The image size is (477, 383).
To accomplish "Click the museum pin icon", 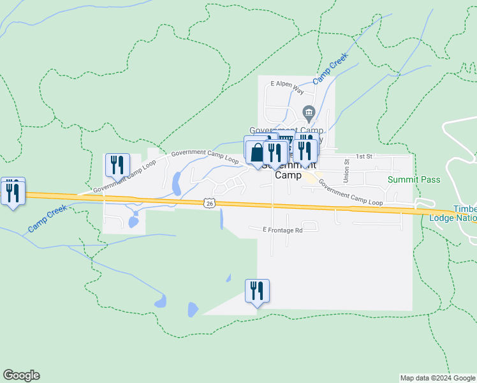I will [x=309, y=114].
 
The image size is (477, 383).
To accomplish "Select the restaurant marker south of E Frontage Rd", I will [x=257, y=291].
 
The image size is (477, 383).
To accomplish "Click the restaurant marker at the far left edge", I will [x=12, y=191].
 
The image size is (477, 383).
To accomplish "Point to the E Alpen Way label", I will [x=290, y=84].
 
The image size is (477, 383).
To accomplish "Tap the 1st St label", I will [x=363, y=156].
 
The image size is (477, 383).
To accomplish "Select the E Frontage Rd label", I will [x=282, y=230].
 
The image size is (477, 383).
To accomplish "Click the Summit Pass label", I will [x=415, y=179].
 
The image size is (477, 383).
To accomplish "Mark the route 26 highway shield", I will [x=210, y=203].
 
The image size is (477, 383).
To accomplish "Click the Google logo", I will [x=21, y=375].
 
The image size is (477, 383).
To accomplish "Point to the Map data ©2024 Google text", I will [x=437, y=378].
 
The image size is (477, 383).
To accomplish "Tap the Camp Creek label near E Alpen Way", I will [x=330, y=68].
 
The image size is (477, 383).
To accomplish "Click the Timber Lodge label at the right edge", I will [x=465, y=213].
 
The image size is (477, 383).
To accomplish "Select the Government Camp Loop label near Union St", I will [x=350, y=192].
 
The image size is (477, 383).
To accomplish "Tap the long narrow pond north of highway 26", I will [x=176, y=183].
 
